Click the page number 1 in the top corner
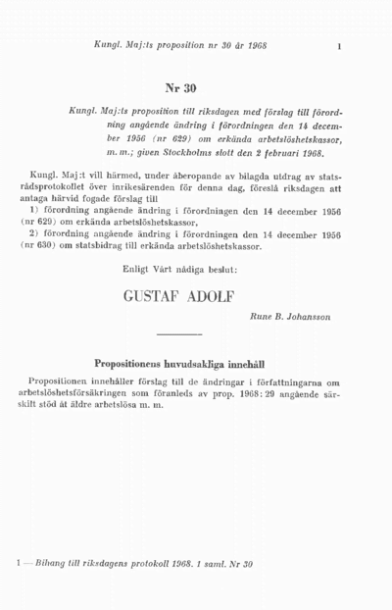(338, 45)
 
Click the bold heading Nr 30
(182, 86)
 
